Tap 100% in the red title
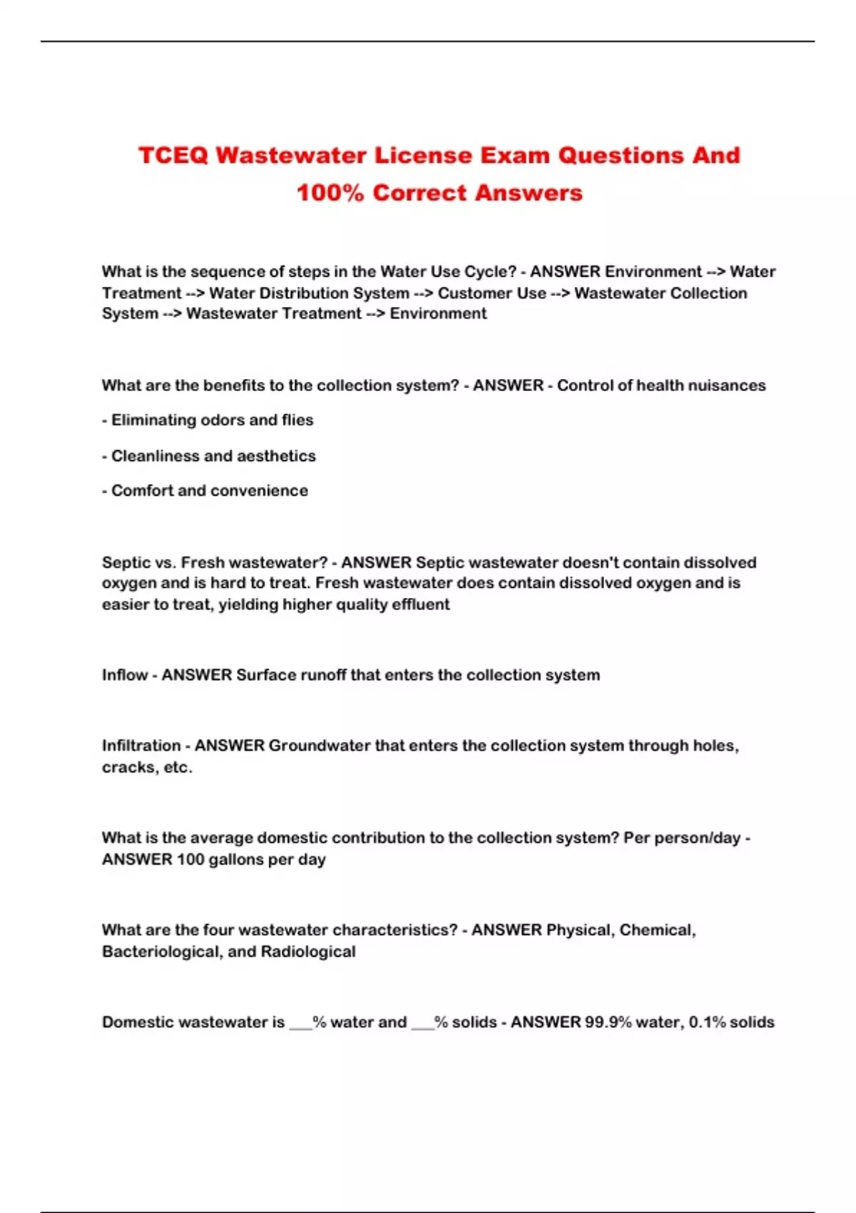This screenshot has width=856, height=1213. pos(330,193)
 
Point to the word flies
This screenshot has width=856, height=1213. pos(297,420)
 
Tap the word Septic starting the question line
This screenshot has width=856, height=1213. pos(126,562)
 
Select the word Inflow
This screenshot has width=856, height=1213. pos(124,675)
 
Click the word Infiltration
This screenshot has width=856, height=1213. pos(141,746)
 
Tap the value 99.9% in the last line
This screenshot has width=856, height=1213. pos(608,1022)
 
